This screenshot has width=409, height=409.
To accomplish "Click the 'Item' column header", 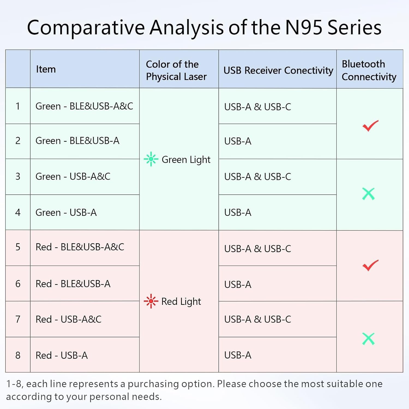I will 46,69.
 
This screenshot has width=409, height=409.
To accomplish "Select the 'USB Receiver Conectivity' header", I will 278,70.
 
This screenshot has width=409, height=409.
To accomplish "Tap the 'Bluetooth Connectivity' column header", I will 369,70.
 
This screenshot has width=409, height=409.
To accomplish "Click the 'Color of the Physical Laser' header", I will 176,70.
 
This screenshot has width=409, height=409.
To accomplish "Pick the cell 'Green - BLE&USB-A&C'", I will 84,106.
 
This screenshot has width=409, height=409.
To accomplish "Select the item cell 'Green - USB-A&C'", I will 73,176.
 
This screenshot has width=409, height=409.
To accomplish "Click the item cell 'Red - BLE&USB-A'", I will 73,284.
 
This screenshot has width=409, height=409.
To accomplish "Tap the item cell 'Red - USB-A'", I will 62,355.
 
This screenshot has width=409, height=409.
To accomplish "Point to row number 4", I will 18,212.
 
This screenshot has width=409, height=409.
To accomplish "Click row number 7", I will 18,319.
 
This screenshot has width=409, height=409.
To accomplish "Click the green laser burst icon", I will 151,159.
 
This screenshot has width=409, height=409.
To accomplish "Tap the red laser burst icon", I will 151,301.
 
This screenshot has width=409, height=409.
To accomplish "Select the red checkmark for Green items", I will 370,126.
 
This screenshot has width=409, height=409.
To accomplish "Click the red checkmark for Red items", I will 370,265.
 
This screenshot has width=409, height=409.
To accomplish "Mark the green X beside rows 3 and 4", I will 368,194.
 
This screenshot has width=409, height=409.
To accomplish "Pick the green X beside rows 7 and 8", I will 368,339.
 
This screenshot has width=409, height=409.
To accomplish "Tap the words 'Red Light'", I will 181,302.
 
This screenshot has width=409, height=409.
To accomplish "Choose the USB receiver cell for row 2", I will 238,141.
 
